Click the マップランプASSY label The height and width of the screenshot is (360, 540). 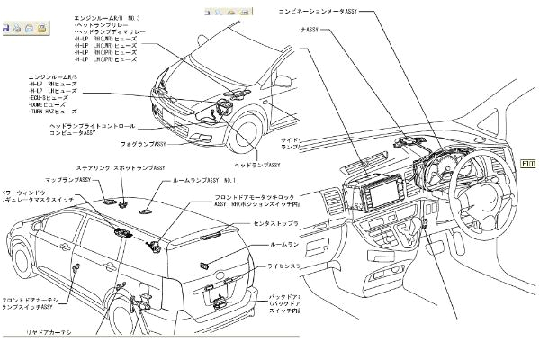(x=96, y=180)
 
